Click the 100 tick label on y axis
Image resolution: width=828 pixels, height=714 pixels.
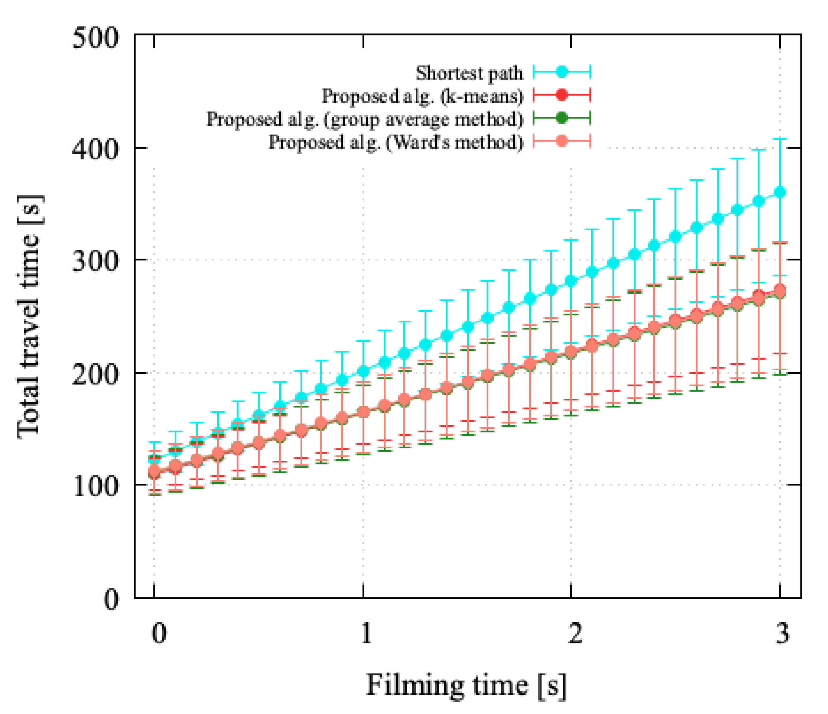(x=96, y=487)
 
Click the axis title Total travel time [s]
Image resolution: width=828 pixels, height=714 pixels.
(x=30, y=316)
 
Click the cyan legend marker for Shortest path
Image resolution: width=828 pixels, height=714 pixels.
(x=562, y=72)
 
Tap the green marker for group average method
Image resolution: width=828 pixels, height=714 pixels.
(x=562, y=118)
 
